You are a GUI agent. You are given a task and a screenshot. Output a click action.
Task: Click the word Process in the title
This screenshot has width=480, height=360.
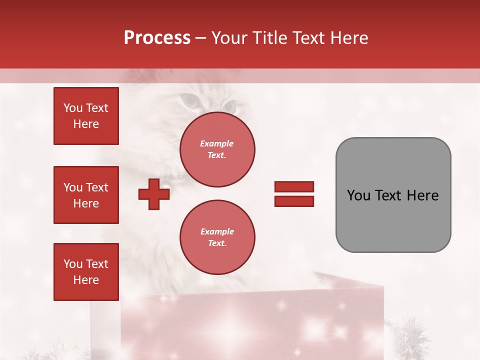click(157, 38)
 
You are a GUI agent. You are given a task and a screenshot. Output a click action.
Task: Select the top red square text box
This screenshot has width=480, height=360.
click(86, 116)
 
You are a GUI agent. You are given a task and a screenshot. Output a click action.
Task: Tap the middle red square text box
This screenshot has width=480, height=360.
click(86, 195)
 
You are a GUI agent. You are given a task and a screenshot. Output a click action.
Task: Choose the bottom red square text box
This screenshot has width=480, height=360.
click(86, 272)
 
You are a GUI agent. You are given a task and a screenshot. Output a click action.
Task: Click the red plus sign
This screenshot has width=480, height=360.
click(154, 194)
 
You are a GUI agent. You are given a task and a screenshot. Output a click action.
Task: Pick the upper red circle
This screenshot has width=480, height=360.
click(217, 149)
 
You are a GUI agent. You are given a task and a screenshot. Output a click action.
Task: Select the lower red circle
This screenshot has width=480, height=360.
click(217, 237)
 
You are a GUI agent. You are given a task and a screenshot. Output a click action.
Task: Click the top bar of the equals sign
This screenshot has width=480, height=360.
click(294, 187)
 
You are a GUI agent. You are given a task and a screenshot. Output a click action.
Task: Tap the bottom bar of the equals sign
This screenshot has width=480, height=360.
click(294, 201)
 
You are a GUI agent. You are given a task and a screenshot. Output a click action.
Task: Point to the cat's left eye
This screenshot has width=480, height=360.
click(190, 100)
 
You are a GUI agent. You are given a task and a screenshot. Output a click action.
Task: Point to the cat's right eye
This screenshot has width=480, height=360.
click(229, 106)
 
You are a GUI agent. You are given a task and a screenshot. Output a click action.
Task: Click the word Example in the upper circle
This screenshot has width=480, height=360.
click(217, 143)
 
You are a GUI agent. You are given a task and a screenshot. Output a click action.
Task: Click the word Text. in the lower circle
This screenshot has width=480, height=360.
click(217, 243)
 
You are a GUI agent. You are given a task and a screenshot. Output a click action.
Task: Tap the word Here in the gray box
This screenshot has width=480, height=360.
click(422, 195)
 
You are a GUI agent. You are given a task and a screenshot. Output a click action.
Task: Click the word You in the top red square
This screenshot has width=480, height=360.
click(73, 108)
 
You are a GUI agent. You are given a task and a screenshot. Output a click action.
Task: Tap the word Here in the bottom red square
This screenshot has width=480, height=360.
click(86, 280)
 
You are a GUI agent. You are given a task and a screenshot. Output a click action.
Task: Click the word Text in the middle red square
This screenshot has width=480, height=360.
click(97, 187)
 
